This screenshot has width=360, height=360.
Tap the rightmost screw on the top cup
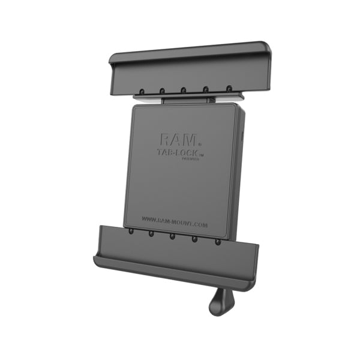[x=229, y=89]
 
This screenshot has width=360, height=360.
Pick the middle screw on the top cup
[x=182, y=91]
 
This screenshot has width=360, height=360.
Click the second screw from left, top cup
[x=161, y=92]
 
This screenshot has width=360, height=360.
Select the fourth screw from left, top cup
[x=206, y=90]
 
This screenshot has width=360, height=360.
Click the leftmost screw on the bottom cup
[x=130, y=230]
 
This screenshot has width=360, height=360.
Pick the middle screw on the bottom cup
[x=173, y=236]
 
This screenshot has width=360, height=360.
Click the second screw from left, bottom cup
[x=151, y=233]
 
